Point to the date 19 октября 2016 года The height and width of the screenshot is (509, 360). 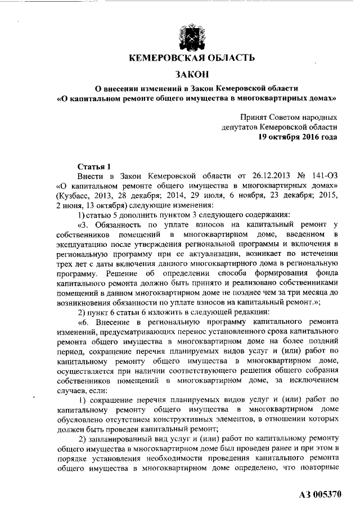click(298, 137)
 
